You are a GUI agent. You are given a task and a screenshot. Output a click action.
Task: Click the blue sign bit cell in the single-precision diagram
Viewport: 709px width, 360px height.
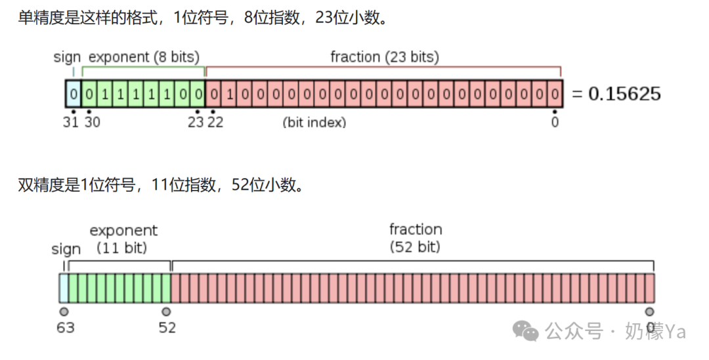pyautogui.click(x=74, y=94)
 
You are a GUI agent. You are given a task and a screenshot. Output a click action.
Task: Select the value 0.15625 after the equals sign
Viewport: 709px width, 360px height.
pyautogui.click(x=624, y=94)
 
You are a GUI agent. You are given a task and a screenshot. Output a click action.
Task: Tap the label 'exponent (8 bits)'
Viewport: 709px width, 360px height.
pyautogui.click(x=144, y=57)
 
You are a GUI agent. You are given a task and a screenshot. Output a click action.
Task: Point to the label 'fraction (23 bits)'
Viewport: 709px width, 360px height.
pyautogui.click(x=385, y=57)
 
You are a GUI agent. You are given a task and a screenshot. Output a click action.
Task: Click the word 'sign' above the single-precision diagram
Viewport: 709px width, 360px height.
pyautogui.click(x=67, y=57)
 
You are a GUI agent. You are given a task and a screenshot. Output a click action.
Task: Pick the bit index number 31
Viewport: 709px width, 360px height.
pyautogui.click(x=72, y=122)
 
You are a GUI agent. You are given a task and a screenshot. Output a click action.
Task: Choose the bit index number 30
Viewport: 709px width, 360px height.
pyautogui.click(x=92, y=122)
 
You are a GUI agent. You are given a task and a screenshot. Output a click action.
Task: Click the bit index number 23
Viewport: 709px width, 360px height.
pyautogui.click(x=196, y=122)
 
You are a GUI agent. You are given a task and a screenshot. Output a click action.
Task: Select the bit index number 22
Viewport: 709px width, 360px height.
pyautogui.click(x=215, y=122)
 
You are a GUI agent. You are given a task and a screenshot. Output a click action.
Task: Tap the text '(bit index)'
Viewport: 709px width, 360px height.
pyautogui.click(x=314, y=122)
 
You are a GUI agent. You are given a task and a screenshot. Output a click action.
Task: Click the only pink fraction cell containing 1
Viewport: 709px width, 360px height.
pyautogui.click(x=229, y=94)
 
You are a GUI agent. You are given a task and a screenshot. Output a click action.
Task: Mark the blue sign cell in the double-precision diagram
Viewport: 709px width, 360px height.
pyautogui.click(x=63, y=288)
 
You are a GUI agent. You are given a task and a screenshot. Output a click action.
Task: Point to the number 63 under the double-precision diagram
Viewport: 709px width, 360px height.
pyautogui.click(x=65, y=326)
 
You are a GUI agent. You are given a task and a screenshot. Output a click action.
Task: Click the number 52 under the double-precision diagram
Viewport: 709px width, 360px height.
pyautogui.click(x=167, y=326)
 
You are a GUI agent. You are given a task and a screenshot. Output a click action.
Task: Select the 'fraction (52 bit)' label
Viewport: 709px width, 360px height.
pyautogui.click(x=416, y=238)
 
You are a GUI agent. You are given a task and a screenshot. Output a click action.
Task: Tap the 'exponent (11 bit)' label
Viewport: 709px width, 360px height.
pyautogui.click(x=123, y=239)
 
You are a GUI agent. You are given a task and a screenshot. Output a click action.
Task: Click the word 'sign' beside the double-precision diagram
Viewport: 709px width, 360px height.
pyautogui.click(x=66, y=249)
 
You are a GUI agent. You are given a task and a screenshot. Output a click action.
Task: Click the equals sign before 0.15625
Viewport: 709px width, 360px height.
pyautogui.click(x=576, y=94)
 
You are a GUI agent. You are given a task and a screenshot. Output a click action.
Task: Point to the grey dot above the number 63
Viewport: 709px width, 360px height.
pyautogui.click(x=64, y=311)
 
